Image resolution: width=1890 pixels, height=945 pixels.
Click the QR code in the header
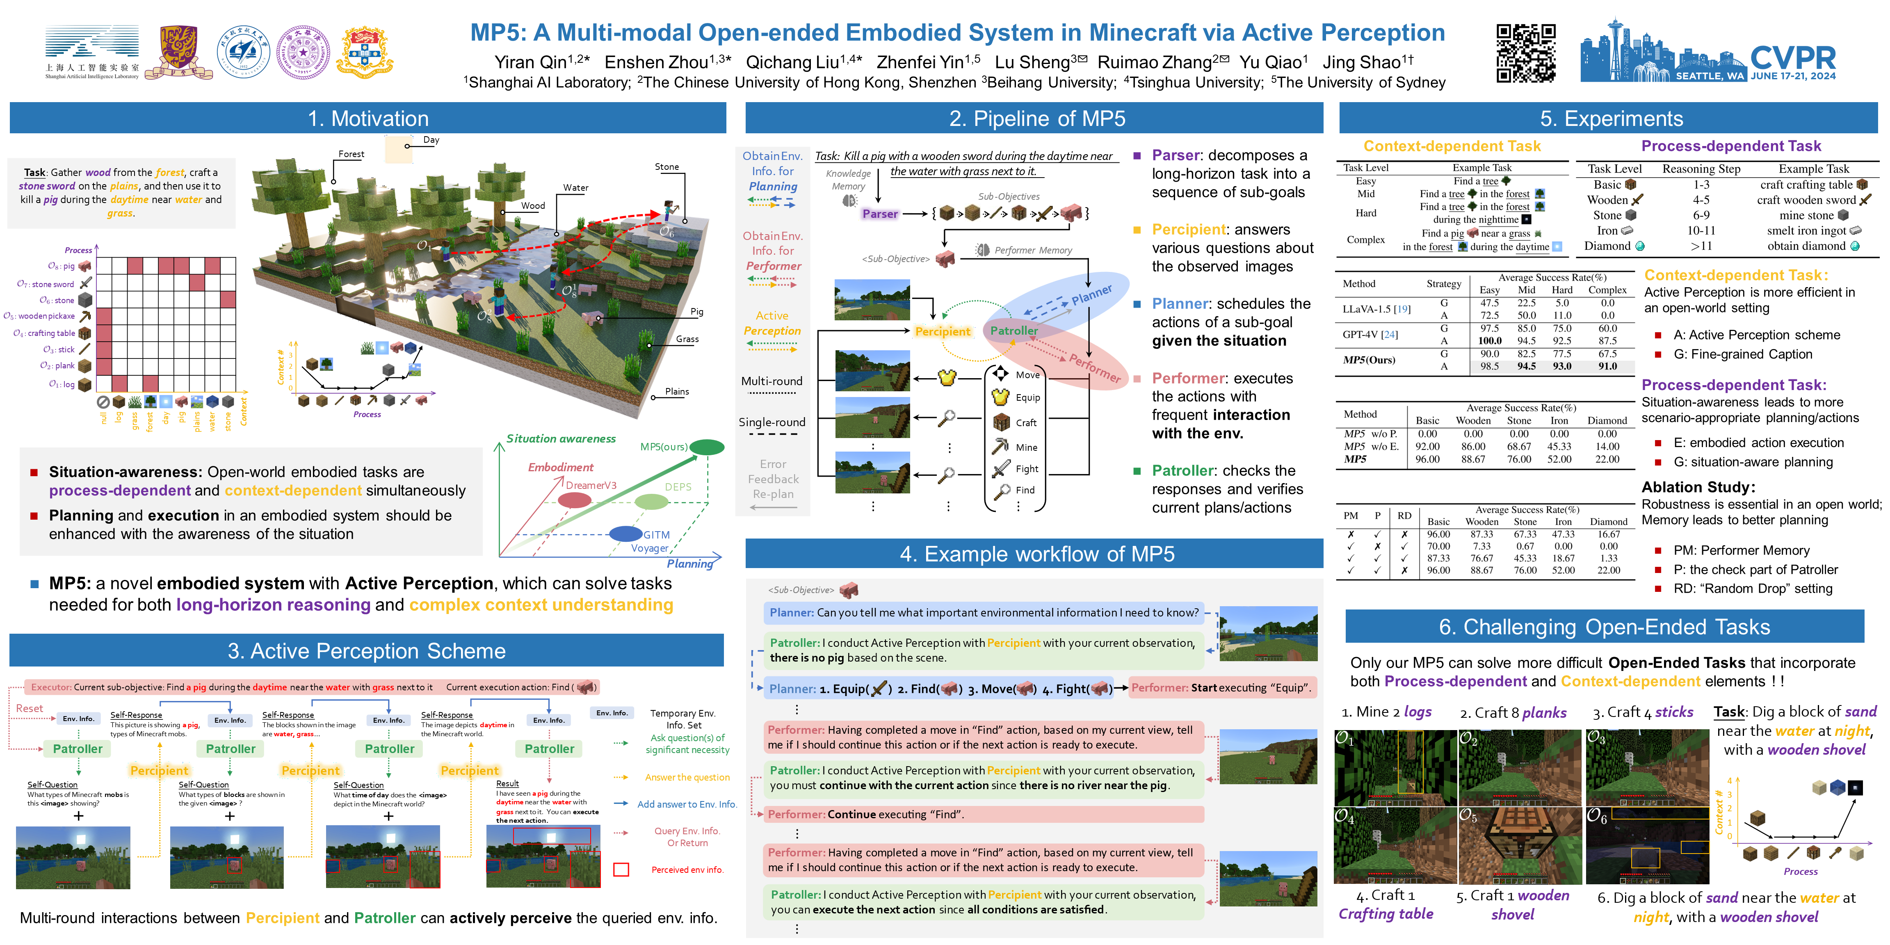(x=1525, y=53)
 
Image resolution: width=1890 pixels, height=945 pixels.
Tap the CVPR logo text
(x=1792, y=57)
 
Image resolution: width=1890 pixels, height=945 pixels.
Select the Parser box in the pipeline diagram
(x=880, y=214)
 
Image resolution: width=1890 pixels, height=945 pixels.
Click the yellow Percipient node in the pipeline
(x=942, y=332)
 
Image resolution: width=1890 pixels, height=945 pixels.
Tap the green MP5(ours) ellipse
(x=707, y=447)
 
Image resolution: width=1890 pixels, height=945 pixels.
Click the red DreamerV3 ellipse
(x=575, y=500)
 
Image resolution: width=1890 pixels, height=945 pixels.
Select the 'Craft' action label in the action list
(x=1026, y=422)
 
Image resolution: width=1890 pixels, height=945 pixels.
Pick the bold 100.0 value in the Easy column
(x=1489, y=340)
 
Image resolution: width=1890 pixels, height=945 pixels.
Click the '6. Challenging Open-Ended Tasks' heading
(x=1604, y=627)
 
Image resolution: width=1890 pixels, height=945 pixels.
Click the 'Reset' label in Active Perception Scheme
(x=30, y=708)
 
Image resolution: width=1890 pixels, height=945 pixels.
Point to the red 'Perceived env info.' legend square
(x=621, y=870)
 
